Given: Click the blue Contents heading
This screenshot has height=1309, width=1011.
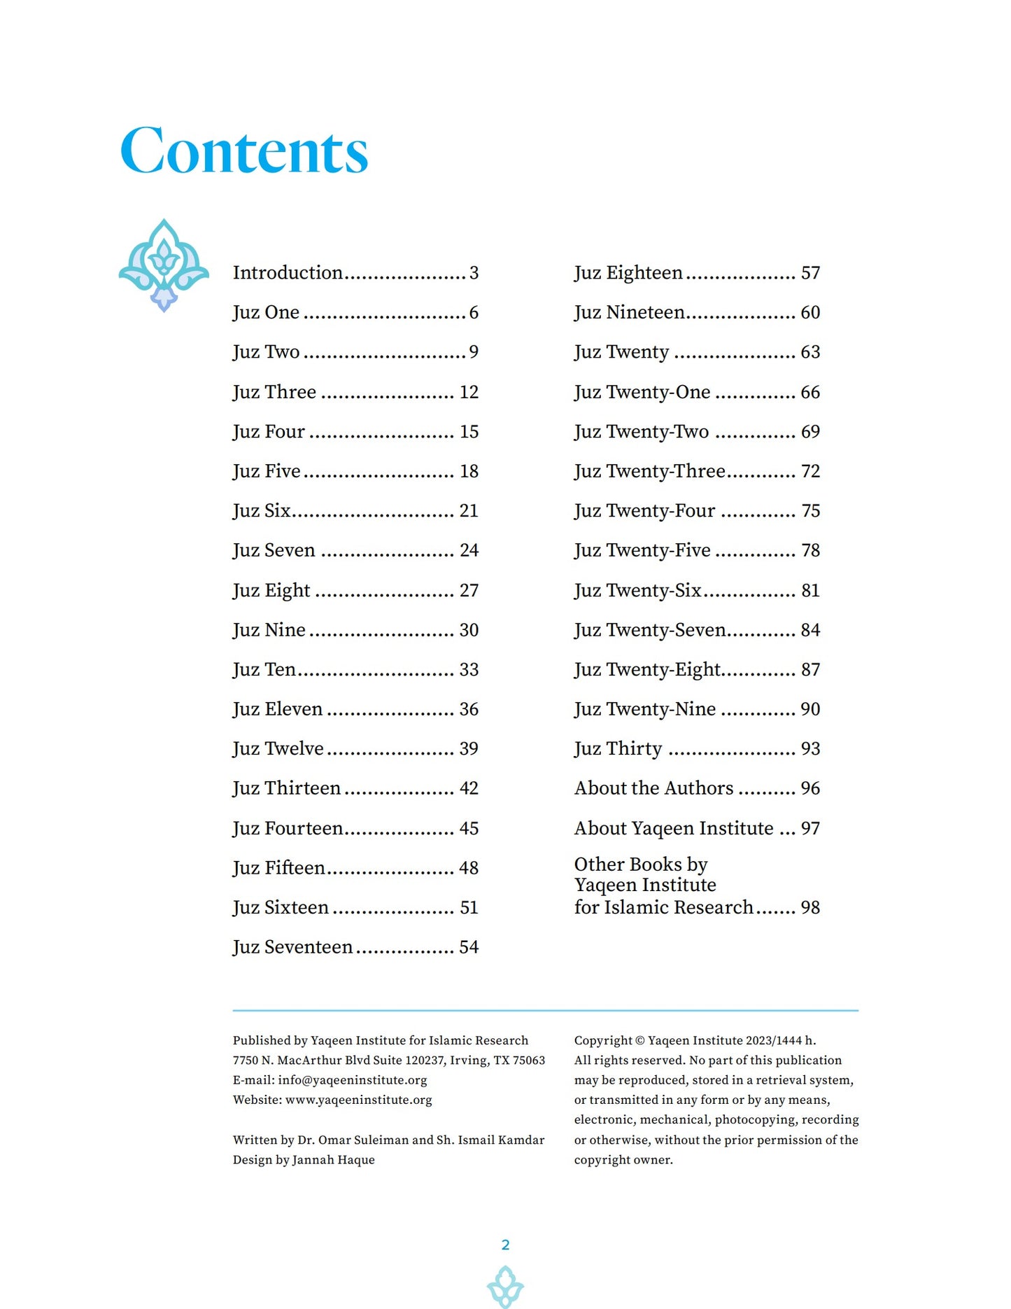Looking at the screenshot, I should (x=243, y=151).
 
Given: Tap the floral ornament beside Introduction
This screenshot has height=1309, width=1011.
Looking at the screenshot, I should (x=164, y=265).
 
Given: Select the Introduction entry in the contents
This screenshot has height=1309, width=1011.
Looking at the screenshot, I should (x=288, y=272).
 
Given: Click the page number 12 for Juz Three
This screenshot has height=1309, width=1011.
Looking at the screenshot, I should (x=469, y=392).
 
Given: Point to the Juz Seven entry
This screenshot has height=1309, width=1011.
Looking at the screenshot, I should (x=274, y=550).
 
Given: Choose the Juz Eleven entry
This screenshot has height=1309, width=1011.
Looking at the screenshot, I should (x=277, y=709).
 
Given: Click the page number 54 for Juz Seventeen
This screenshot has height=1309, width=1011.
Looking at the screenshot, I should (x=469, y=947).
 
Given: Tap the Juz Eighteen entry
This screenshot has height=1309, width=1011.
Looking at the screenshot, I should (x=628, y=272).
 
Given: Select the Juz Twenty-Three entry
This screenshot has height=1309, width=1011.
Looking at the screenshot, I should (x=649, y=471).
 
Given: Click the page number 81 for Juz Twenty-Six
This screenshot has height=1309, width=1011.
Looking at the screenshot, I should (x=810, y=591).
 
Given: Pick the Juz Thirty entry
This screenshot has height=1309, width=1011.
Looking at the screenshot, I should (x=618, y=749).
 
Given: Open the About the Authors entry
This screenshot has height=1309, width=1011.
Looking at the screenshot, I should (x=653, y=788).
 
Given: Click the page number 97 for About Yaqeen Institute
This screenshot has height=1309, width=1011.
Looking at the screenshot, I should (x=810, y=829).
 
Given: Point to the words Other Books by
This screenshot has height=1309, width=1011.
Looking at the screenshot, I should (x=640, y=864).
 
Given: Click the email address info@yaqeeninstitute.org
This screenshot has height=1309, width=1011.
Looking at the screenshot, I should (x=352, y=1080).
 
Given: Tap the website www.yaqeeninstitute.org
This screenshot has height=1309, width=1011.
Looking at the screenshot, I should (x=358, y=1100).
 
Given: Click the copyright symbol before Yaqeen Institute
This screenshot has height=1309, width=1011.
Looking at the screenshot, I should (x=639, y=1041).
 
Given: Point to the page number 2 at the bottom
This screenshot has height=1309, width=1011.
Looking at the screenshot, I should (x=505, y=1245).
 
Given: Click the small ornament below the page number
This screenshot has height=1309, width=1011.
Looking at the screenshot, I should (x=505, y=1287).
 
